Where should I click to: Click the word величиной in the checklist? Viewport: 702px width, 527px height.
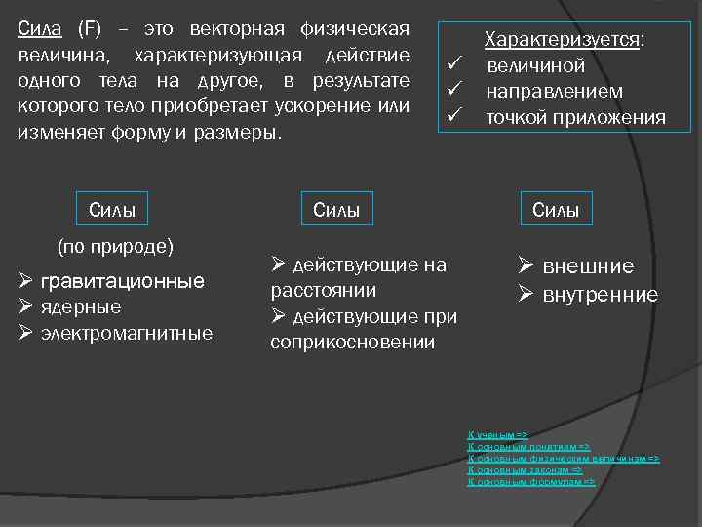(x=535, y=66)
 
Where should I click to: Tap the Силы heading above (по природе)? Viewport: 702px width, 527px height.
(x=112, y=208)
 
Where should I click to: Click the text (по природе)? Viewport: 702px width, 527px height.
(x=115, y=245)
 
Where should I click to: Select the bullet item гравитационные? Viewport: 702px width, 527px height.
(x=122, y=281)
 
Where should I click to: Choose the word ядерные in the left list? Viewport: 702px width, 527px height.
(x=81, y=306)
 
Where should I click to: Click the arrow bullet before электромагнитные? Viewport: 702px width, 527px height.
(x=27, y=333)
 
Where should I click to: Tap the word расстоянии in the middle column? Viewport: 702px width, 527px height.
(x=323, y=290)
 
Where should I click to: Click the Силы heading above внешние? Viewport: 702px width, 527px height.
(x=556, y=208)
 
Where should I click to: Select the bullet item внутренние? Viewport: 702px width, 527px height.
(x=600, y=294)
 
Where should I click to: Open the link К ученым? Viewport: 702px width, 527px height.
(x=498, y=433)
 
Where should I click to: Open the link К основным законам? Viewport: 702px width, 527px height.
(x=525, y=469)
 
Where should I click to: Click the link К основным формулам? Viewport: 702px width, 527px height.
(x=530, y=481)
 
